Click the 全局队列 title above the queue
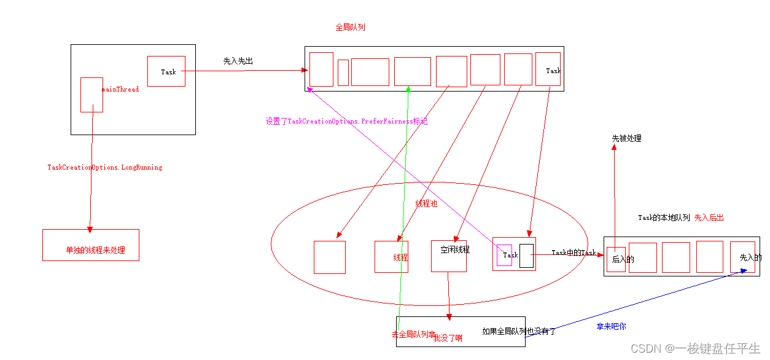tap(350, 27)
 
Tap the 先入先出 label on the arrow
tap(238, 61)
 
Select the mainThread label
tap(120, 90)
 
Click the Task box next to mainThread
tap(166, 71)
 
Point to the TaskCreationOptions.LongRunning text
tap(105, 167)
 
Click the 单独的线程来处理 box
tap(91, 245)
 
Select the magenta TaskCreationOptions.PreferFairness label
tap(346, 122)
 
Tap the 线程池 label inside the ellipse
tap(426, 203)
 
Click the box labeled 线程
tap(391, 257)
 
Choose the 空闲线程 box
tap(449, 256)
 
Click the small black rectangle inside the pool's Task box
tap(526, 255)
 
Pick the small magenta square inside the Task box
tap(504, 255)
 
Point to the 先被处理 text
tap(626, 138)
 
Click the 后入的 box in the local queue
tap(616, 259)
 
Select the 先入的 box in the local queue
tap(742, 257)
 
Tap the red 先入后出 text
tap(709, 217)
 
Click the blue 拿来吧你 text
tap(611, 326)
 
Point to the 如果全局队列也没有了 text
tap(518, 331)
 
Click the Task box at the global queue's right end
tap(548, 69)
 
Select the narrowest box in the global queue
tap(343, 72)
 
